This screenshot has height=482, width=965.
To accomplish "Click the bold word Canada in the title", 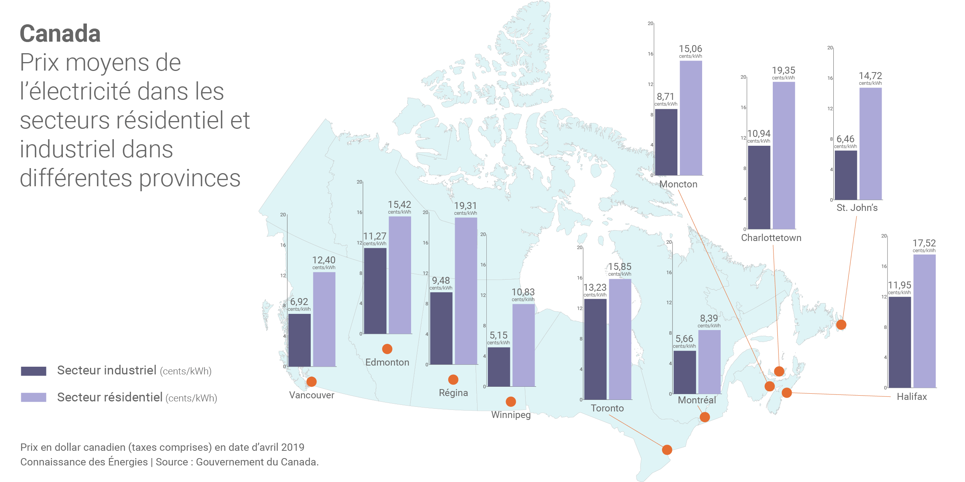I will pyautogui.click(x=60, y=34).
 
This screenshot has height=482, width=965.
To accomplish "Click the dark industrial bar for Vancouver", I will pyautogui.click(x=299, y=340).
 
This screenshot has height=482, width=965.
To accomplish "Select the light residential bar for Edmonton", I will pyautogui.click(x=400, y=275).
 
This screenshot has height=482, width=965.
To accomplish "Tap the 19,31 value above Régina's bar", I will pyautogui.click(x=465, y=206).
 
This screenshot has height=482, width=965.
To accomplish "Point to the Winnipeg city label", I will pyautogui.click(x=511, y=415).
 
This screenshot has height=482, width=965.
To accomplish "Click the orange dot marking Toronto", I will pyautogui.click(x=667, y=450).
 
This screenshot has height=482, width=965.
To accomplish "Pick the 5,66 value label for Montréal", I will pyautogui.click(x=684, y=339).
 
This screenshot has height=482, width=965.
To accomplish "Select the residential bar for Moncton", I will pyautogui.click(x=691, y=118).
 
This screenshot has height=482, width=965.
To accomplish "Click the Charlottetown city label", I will pyautogui.click(x=771, y=238).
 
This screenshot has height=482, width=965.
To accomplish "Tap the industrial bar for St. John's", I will pyautogui.click(x=845, y=175).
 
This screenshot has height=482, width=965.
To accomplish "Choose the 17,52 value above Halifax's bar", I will pyautogui.click(x=924, y=243).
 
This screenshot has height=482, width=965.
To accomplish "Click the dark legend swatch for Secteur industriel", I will pyautogui.click(x=34, y=371).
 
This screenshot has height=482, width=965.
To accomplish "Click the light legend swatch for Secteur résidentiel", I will pyautogui.click(x=34, y=398).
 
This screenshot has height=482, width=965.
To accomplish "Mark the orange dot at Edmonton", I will pyautogui.click(x=387, y=349).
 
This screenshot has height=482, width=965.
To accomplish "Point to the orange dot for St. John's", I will pyautogui.click(x=841, y=325).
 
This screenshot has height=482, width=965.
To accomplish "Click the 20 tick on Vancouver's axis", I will pyautogui.click(x=283, y=215).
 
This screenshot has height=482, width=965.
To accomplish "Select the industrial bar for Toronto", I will pyautogui.click(x=595, y=349).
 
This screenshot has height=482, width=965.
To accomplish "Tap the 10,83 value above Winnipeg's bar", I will pyautogui.click(x=523, y=292).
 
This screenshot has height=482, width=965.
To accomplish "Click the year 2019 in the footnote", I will pyautogui.click(x=293, y=447).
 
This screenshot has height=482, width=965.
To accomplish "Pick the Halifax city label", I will pyautogui.click(x=911, y=397).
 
